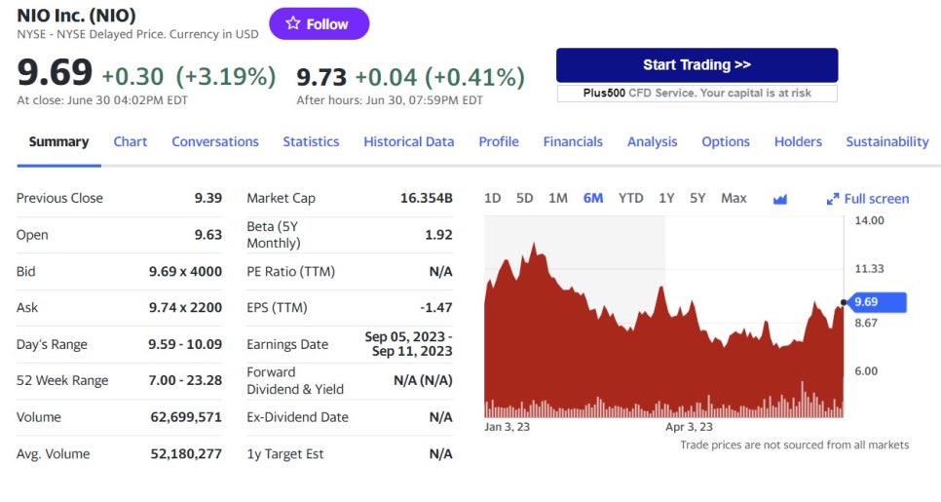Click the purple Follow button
(319, 24)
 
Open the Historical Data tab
(408, 141)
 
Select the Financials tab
(573, 141)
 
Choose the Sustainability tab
(886, 141)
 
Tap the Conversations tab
(215, 141)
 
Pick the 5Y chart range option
(697, 198)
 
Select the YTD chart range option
(630, 198)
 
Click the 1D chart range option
(493, 198)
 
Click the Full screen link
(868, 199)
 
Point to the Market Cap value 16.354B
(426, 198)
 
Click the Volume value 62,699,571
(185, 417)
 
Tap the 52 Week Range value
(185, 380)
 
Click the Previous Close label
(59, 198)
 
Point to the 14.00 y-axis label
(869, 220)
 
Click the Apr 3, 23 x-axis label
(689, 427)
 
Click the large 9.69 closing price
(55, 73)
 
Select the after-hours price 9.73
(321, 76)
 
